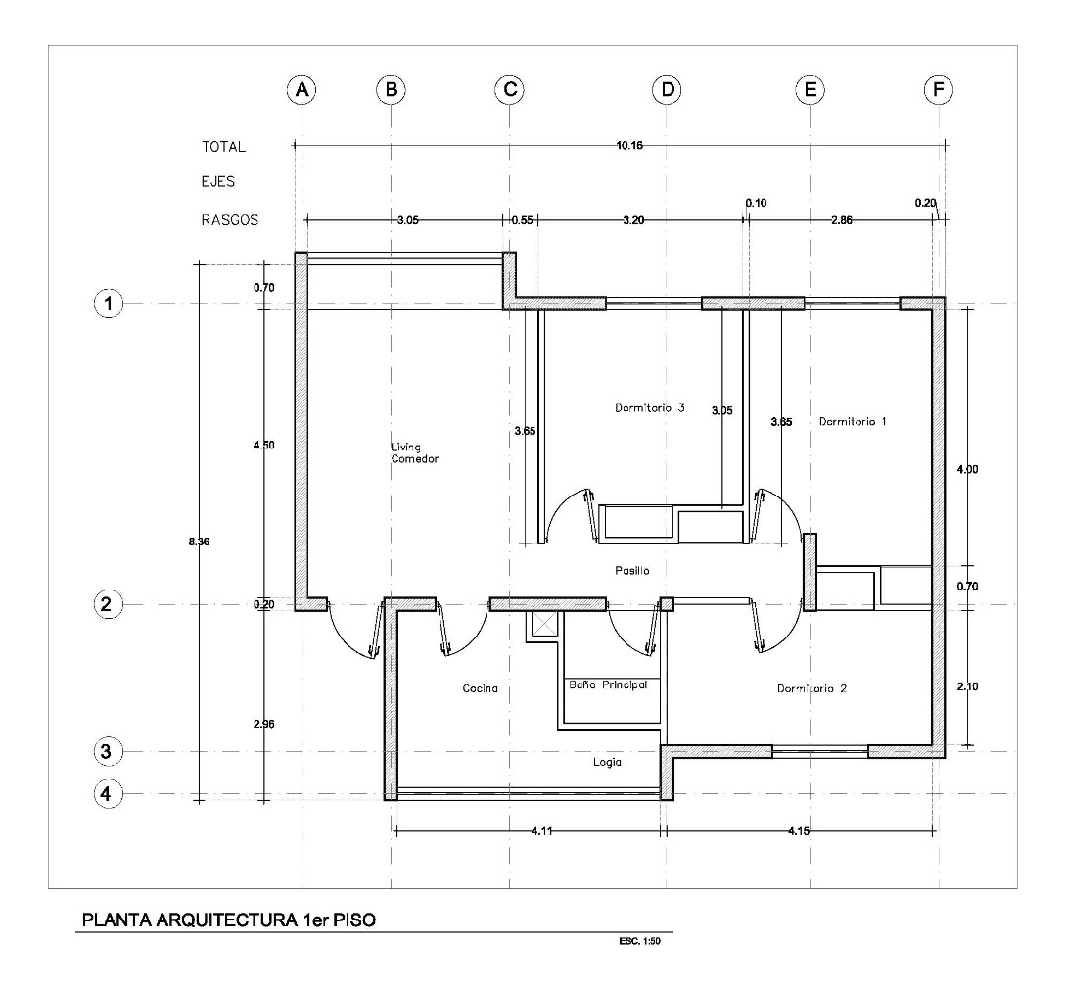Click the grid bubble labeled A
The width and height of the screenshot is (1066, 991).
(x=302, y=90)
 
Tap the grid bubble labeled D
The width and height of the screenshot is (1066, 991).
(x=668, y=90)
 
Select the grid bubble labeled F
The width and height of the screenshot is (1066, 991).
(x=938, y=90)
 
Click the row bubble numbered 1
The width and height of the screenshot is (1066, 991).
(x=109, y=304)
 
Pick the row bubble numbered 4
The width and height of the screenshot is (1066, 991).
(x=109, y=792)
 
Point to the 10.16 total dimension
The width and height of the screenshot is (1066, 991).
(x=622, y=146)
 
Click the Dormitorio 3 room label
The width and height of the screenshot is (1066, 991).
(x=649, y=408)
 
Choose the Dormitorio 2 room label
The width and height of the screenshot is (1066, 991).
(x=811, y=688)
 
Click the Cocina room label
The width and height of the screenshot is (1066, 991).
(x=481, y=688)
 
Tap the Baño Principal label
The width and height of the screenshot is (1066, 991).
(x=608, y=685)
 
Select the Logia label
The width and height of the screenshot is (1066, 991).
(x=608, y=761)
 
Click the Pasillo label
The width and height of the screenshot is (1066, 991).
(x=632, y=570)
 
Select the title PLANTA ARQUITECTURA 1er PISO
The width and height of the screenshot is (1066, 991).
(x=228, y=920)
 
